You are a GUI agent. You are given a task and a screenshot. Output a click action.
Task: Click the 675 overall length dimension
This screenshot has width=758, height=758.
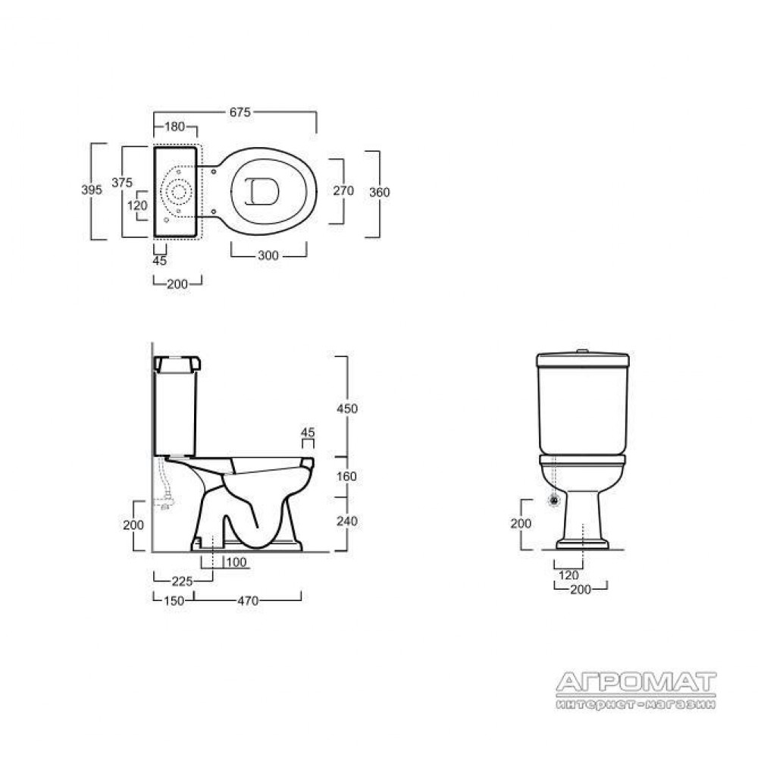[240, 112]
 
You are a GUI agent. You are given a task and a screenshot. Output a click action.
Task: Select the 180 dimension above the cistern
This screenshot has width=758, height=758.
[175, 127]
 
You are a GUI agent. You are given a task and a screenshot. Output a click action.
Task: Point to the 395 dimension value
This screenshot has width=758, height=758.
[92, 189]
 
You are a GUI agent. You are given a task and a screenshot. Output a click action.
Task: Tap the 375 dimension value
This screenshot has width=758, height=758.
[122, 182]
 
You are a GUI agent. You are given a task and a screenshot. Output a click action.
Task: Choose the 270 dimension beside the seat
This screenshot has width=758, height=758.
[343, 190]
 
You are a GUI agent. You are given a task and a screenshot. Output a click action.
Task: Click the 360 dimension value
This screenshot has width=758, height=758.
[380, 193]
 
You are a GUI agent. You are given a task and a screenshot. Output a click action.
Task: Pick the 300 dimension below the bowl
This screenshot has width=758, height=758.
[268, 255]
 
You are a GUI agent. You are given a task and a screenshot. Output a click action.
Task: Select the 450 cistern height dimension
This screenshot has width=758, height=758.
[347, 409]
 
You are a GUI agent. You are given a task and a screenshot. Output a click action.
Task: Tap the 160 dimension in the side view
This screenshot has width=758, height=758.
[346, 477]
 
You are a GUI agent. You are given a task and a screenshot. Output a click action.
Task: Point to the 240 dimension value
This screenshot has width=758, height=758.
[347, 522]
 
